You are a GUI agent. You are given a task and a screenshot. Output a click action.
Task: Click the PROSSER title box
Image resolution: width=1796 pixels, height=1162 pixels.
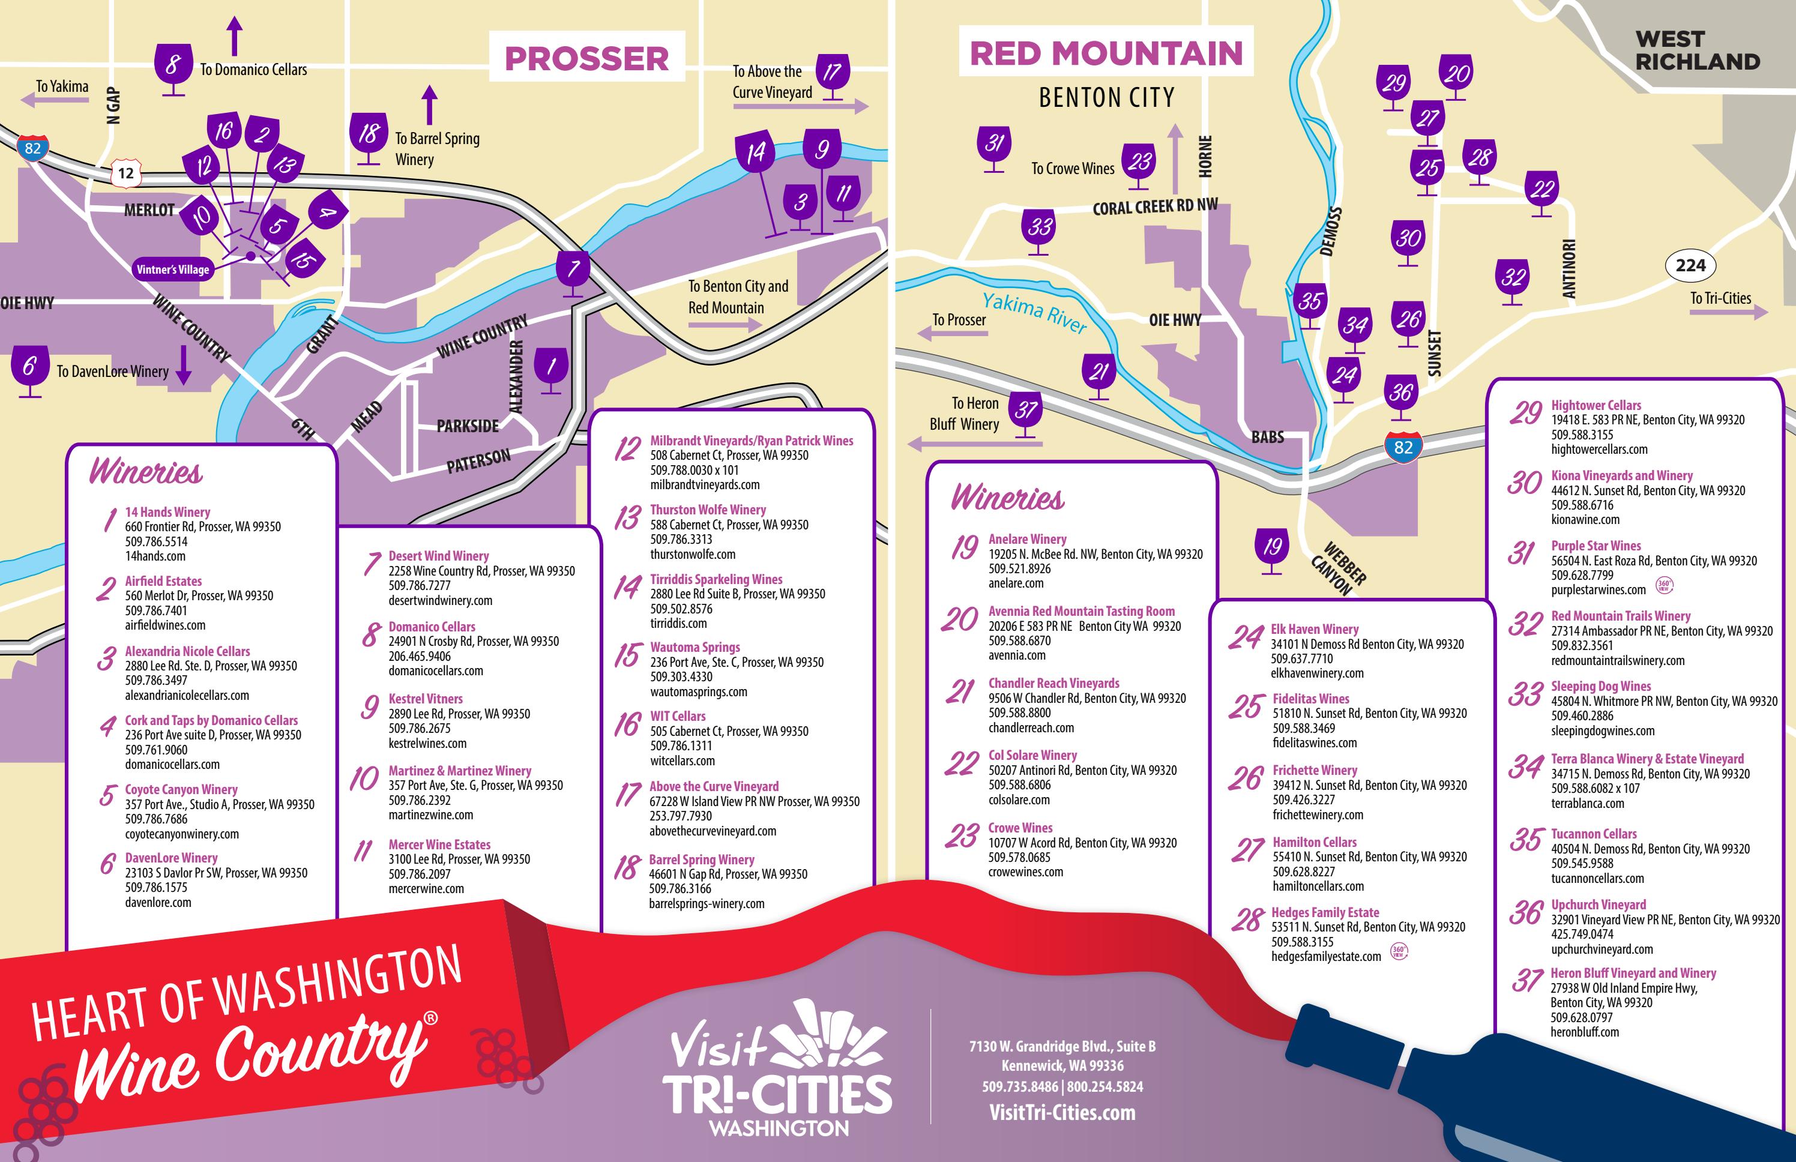point(586,58)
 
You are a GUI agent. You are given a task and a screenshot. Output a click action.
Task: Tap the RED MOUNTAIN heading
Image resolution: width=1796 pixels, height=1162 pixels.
point(1106,53)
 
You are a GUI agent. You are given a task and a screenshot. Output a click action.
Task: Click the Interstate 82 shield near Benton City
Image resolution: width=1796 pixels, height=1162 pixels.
point(1403,447)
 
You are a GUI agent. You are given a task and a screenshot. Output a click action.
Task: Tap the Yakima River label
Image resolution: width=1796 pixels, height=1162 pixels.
point(1034,312)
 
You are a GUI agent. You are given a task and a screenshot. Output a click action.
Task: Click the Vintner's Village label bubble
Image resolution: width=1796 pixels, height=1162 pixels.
point(173,269)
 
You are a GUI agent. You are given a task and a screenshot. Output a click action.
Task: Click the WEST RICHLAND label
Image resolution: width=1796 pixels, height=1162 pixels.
point(1697,50)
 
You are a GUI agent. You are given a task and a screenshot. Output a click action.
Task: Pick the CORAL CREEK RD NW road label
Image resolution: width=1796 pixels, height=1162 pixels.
point(1154,206)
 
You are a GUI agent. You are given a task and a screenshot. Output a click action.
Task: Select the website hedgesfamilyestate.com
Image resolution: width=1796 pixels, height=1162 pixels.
point(1326,956)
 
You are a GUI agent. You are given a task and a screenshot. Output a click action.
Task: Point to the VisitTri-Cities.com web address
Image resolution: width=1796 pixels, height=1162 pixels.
point(1062,1112)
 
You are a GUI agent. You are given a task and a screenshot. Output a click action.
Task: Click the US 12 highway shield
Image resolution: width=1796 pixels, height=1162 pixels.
point(125,173)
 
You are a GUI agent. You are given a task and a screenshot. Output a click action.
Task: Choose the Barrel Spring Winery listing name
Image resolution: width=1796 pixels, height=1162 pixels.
point(701,859)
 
